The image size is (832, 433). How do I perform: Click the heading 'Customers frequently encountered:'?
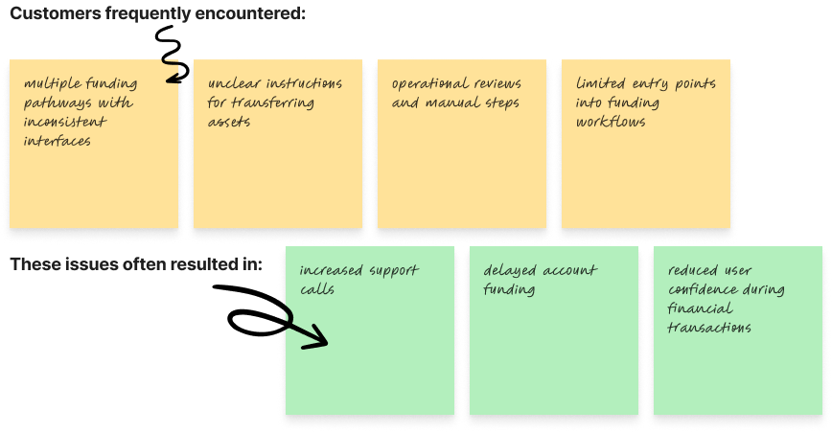(x=157, y=13)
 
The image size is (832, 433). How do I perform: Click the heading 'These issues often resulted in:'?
(x=135, y=263)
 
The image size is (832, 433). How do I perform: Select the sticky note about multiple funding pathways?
(x=92, y=144)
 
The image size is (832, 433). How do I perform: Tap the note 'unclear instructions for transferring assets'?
(x=277, y=144)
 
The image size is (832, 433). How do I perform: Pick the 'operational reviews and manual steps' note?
(x=461, y=144)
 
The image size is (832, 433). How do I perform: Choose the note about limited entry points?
(x=645, y=144)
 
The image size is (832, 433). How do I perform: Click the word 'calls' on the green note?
(x=317, y=289)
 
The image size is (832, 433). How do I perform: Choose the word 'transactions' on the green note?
(x=709, y=328)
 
